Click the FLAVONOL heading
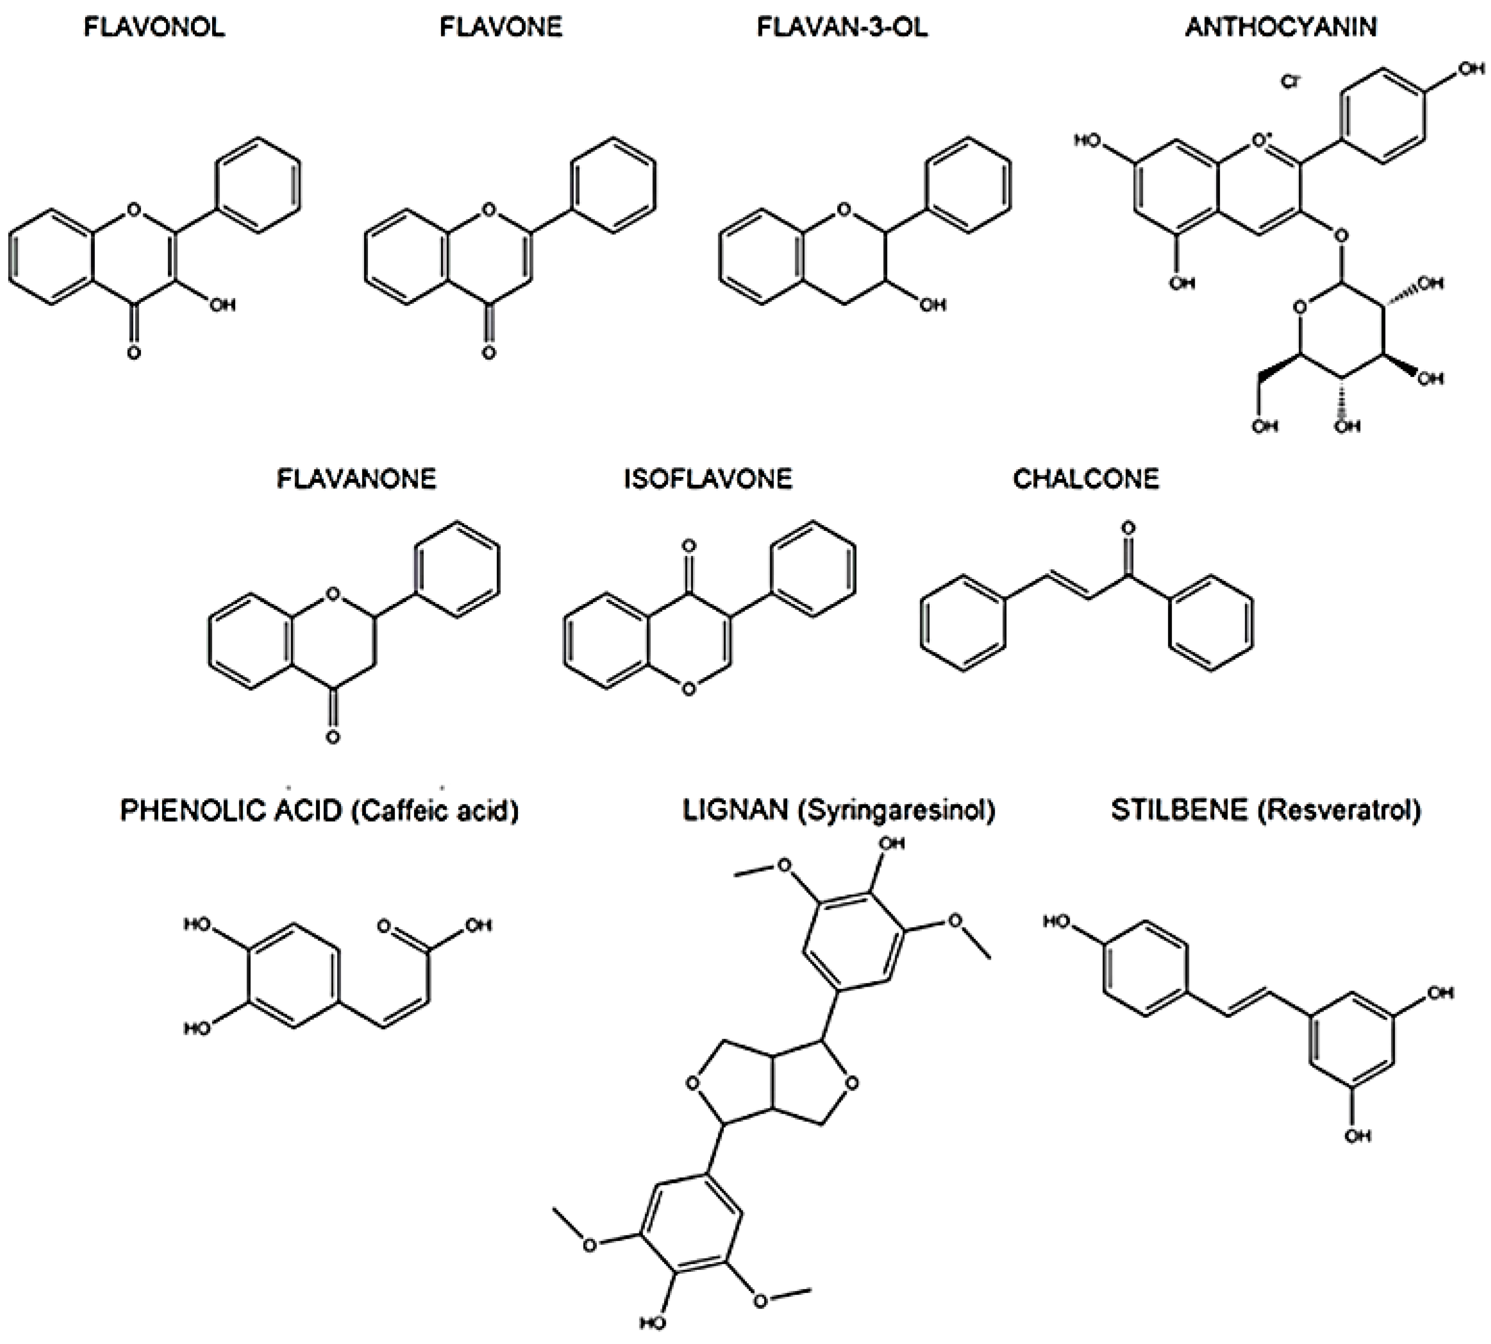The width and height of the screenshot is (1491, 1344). pyautogui.click(x=154, y=27)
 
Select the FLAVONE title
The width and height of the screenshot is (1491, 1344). pyautogui.click(x=501, y=27)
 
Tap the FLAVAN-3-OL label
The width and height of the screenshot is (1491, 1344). pyautogui.click(x=842, y=27)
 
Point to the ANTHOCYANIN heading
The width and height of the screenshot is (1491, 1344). pyautogui.click(x=1281, y=27)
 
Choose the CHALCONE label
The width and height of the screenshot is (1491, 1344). pyautogui.click(x=1086, y=479)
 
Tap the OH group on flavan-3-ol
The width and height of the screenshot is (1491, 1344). pyautogui.click(x=932, y=304)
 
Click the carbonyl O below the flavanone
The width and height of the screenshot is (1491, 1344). pyautogui.click(x=333, y=737)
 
